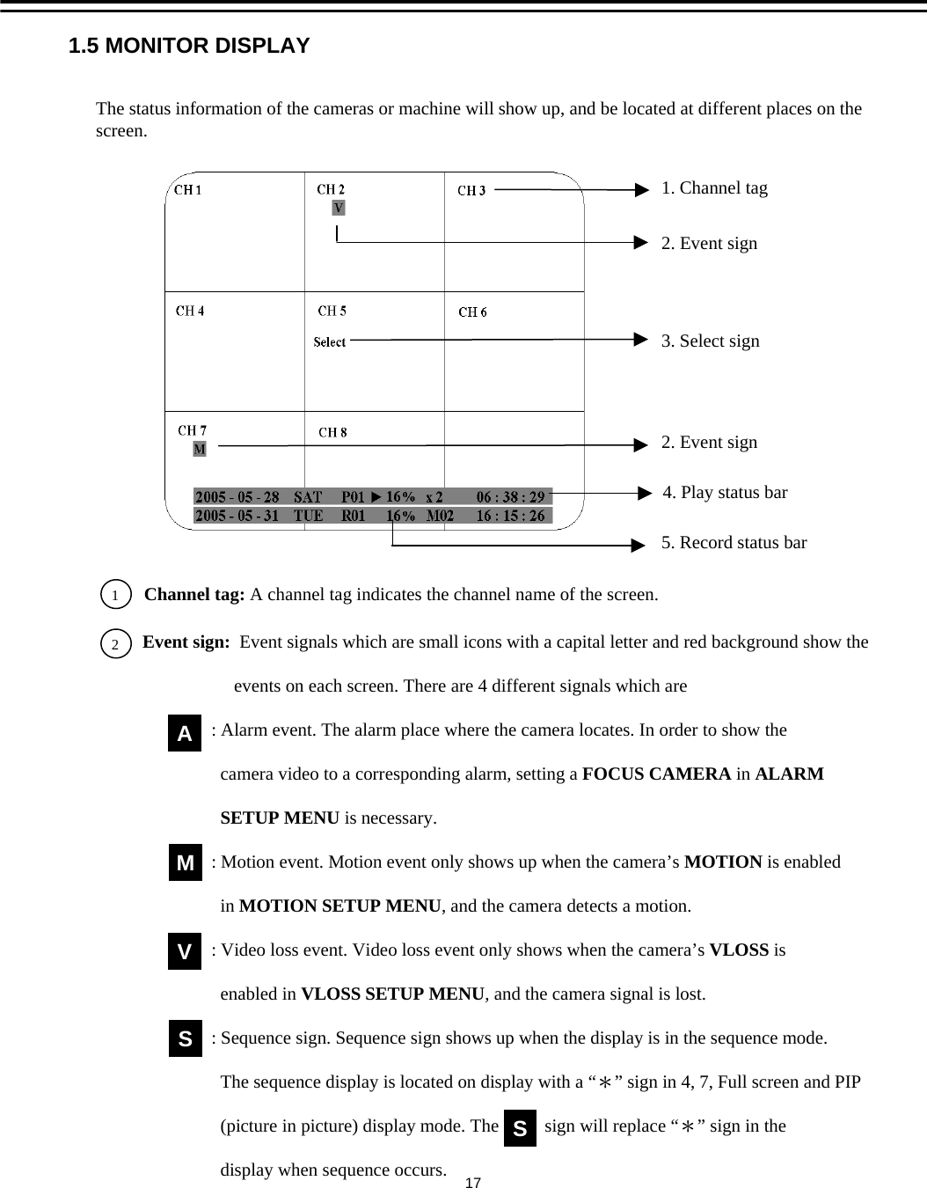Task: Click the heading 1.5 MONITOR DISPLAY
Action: click(x=189, y=46)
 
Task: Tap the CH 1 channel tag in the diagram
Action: click(x=188, y=189)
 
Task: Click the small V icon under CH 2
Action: click(x=339, y=208)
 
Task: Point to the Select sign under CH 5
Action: click(x=330, y=341)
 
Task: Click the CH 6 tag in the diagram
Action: click(x=473, y=312)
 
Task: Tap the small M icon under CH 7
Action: click(x=200, y=449)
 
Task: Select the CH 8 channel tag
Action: click(x=332, y=432)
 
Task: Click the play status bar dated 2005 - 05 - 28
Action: click(x=372, y=496)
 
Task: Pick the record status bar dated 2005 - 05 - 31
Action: click(x=372, y=516)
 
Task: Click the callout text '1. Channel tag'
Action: click(x=714, y=188)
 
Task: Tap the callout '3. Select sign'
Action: click(x=710, y=341)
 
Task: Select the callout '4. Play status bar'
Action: click(x=725, y=492)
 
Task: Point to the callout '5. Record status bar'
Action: click(x=734, y=542)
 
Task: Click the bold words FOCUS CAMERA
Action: click(x=656, y=774)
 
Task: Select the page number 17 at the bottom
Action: click(x=472, y=1182)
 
